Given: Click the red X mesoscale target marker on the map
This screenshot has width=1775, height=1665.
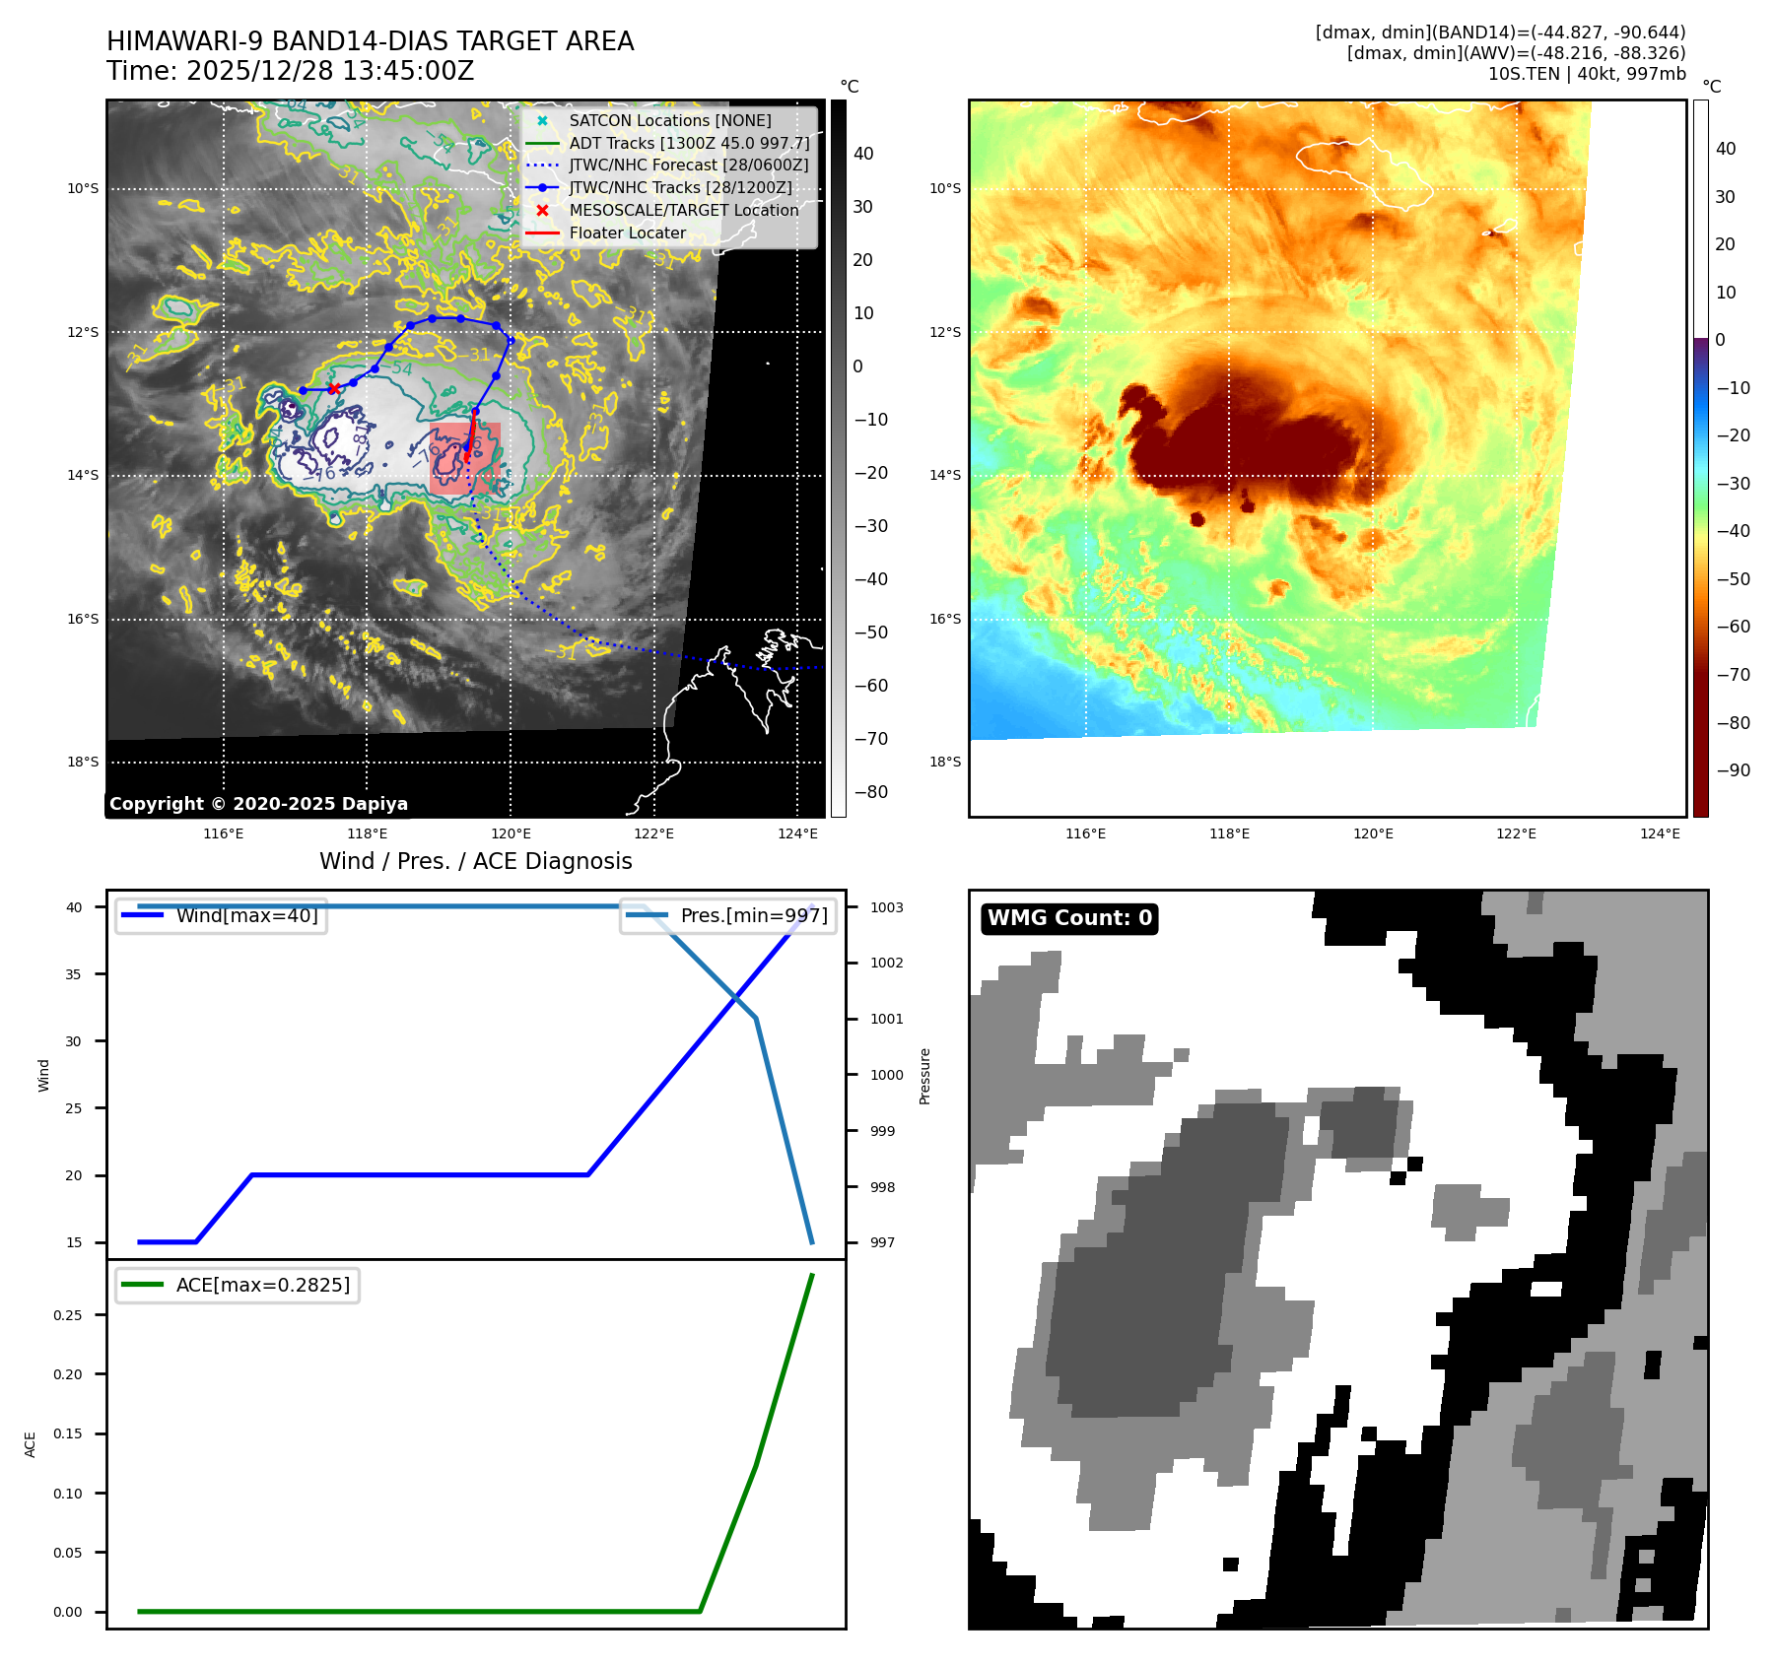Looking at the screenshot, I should coord(334,388).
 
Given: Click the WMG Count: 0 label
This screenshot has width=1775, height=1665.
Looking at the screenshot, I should coord(1069,918).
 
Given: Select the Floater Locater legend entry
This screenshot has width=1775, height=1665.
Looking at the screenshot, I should coord(627,233).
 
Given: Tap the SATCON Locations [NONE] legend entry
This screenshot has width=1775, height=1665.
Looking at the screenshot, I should coord(669,120).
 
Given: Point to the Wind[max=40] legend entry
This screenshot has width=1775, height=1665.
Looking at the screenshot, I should coord(246,915).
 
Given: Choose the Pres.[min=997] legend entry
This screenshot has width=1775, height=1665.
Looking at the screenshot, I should coord(753,915).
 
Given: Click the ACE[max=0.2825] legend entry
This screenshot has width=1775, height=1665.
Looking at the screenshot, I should coord(262,1285).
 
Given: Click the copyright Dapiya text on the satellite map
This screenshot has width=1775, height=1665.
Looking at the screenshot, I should coord(258,804).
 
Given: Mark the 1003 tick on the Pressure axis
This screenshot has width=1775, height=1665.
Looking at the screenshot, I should coord(886,907).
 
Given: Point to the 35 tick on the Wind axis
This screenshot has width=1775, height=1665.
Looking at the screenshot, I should coord(74,974).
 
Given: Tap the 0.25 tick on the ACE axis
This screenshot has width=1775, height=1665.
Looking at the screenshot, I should coord(68,1315).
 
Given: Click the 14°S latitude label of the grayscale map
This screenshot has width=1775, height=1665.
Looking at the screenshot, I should coord(83,475).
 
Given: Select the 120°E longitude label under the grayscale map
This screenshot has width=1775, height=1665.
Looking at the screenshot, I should coord(511,833).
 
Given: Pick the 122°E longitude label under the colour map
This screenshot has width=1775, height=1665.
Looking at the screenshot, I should coord(1516,833).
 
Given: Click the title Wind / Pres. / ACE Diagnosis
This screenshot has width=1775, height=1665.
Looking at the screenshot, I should coord(475,861).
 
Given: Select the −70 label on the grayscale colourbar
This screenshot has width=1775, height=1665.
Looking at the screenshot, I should coord(870,739).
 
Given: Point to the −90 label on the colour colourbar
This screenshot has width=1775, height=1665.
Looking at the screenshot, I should coord(1733,770).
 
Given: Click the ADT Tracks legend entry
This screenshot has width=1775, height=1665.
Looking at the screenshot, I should coord(688,143).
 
